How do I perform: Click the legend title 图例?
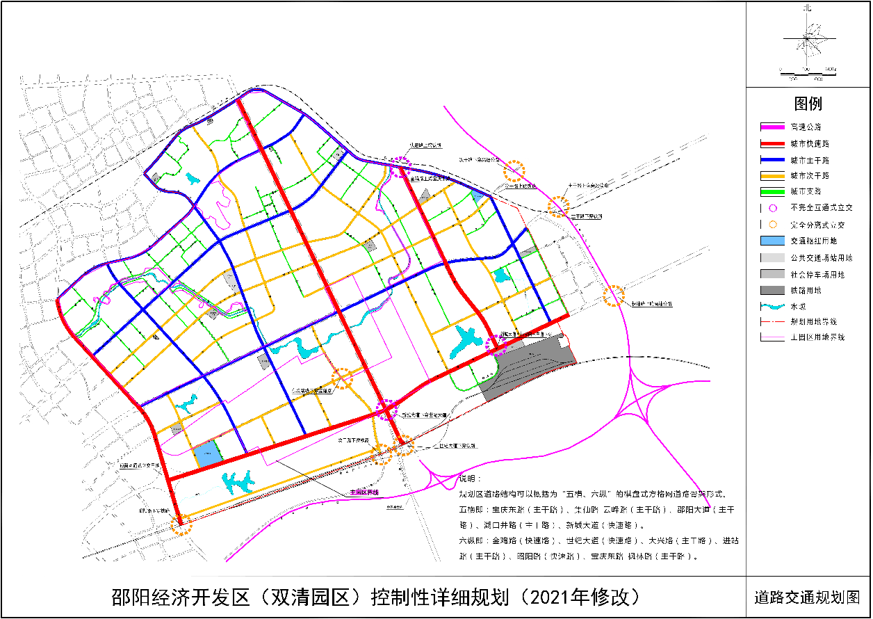coord(808,104)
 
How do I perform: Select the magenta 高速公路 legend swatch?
coord(772,127)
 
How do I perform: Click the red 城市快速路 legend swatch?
coord(772,144)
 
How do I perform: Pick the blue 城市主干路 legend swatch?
coord(772,160)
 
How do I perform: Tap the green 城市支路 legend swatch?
coord(772,191)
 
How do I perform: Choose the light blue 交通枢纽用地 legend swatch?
coord(772,241)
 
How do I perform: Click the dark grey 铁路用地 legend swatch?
coord(772,290)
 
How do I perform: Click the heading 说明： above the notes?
coord(470,480)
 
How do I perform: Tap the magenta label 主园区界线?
coord(364,492)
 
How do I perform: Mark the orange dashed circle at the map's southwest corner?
coord(182,524)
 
